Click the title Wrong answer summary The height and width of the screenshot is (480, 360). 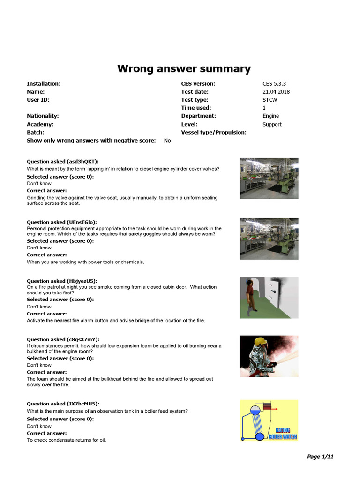[184, 69]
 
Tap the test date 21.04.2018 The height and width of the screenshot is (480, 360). [276, 92]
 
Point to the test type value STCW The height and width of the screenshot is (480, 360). [270, 100]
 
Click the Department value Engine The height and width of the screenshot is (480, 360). [270, 116]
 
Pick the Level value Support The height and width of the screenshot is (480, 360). [272, 124]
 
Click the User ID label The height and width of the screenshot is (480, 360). [38, 100]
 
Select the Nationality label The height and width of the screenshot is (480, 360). [43, 116]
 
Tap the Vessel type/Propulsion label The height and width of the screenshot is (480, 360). [213, 132]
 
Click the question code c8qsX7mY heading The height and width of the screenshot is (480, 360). [63, 339]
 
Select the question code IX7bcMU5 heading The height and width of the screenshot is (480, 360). [63, 404]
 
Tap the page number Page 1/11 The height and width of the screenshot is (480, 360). [320, 457]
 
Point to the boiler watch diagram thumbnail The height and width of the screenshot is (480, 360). [269, 420]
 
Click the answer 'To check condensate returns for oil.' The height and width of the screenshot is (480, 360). [66, 440]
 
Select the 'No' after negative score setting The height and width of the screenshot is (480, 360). [167, 140]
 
